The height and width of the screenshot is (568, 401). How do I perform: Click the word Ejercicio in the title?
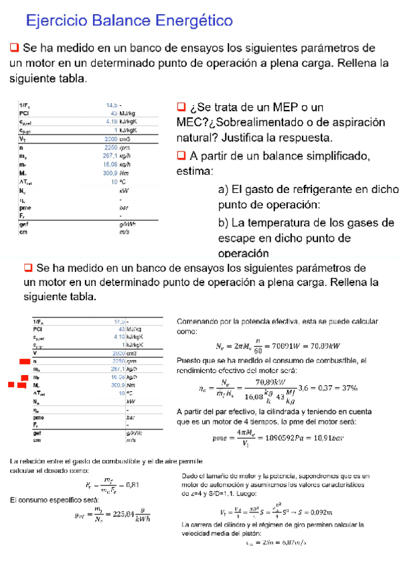coord(56,21)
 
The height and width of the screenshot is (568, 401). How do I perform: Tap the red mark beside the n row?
coord(23,362)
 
